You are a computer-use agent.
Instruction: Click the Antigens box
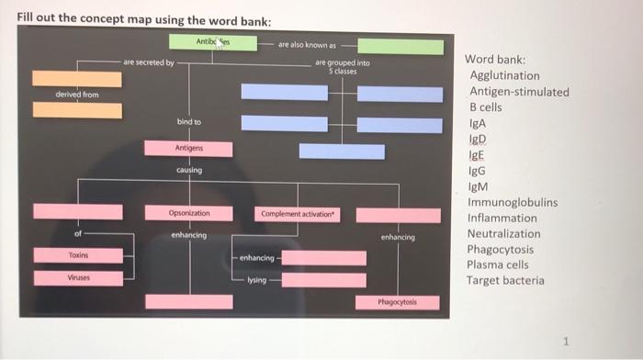tap(188, 149)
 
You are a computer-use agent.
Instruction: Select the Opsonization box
tap(189, 213)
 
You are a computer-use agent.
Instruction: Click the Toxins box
tap(77, 254)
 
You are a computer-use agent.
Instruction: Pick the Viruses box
tap(77, 277)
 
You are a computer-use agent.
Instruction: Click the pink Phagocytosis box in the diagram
tap(399, 302)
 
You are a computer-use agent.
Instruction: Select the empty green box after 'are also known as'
tap(400, 46)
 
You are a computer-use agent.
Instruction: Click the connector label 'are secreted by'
tap(148, 62)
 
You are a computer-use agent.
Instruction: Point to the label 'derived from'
tap(77, 95)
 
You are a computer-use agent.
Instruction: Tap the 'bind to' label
tap(189, 121)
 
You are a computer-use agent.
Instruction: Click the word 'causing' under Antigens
tap(189, 171)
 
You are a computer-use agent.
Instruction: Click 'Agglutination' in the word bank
tap(504, 75)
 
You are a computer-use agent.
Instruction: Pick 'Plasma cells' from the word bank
tap(499, 265)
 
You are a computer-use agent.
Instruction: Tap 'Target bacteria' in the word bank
tap(506, 281)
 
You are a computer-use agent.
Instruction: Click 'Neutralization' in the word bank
tap(504, 234)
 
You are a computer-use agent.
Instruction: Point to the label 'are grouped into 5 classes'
tap(343, 66)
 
